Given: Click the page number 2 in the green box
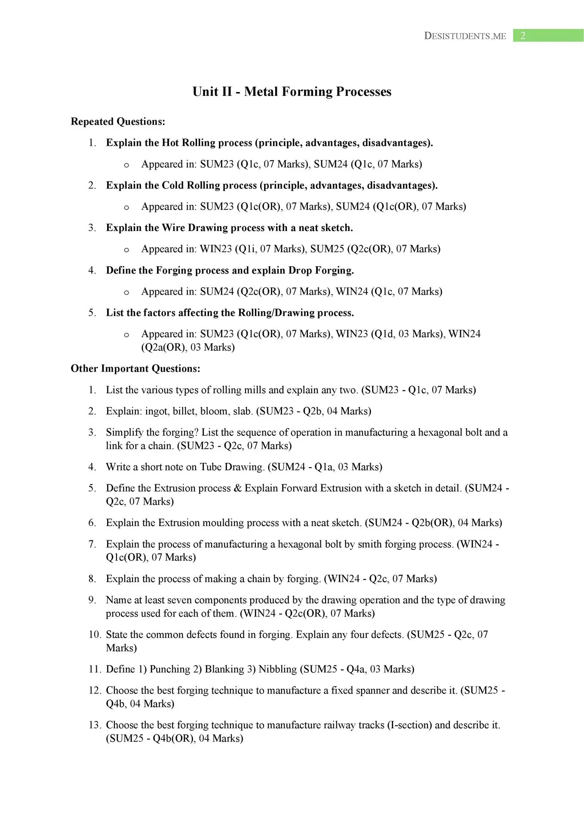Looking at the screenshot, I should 523,36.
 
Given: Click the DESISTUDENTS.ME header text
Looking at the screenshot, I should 465,36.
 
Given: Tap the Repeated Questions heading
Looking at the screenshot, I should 118,122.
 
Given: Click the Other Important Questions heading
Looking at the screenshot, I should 135,369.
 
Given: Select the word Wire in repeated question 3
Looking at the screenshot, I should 173,228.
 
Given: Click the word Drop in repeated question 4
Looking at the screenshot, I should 300,271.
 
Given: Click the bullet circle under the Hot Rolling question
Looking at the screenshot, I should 126,165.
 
